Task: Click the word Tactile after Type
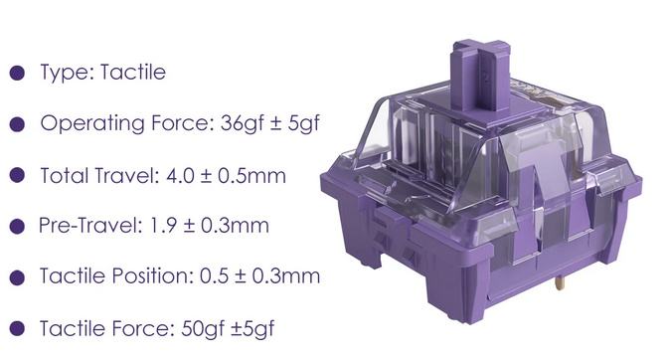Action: click(133, 73)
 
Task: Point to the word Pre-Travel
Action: click(90, 226)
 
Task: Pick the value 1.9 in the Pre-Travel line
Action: click(163, 226)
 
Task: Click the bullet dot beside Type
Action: click(17, 73)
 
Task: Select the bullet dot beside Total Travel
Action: click(17, 175)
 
